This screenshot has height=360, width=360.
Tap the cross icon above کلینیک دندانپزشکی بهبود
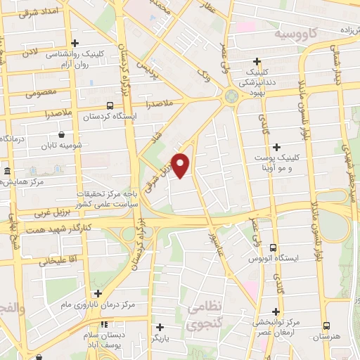[x=257, y=62]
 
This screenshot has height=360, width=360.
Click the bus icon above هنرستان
[x=326, y=326]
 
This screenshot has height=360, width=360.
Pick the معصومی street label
[x=41, y=92]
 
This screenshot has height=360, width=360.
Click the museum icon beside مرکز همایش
[x=6, y=171]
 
